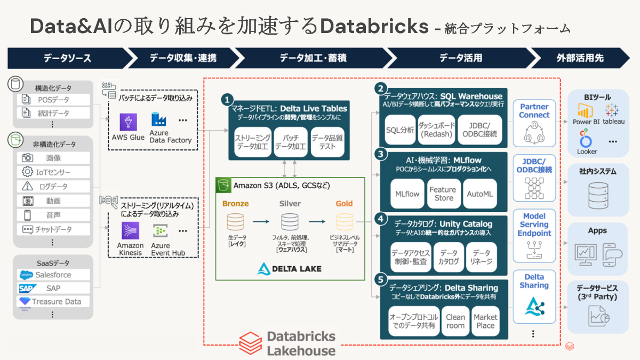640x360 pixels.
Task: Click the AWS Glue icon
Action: [x=128, y=122]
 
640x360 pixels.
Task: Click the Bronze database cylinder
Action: [x=235, y=222]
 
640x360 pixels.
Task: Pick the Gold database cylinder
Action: [x=345, y=222]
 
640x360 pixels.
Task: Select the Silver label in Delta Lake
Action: [x=290, y=204]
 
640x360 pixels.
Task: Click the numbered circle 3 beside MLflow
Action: [x=380, y=154]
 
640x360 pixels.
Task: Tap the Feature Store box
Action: [x=443, y=194]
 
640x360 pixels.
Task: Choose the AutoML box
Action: [x=480, y=194]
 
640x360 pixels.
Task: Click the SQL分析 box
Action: [x=399, y=130]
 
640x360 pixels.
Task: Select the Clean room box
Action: [x=455, y=321]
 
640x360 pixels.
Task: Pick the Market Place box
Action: [x=485, y=321]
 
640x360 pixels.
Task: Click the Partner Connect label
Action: [x=534, y=111]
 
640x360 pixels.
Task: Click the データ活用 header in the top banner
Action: [x=460, y=58]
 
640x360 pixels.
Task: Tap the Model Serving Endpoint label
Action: [x=534, y=225]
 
